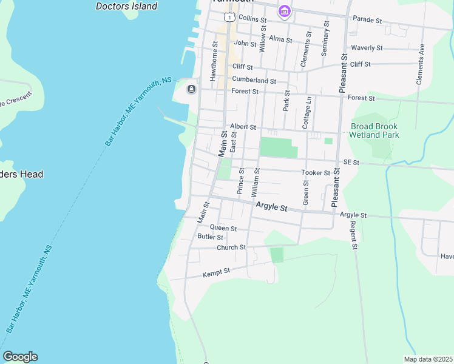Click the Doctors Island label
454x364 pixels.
[x=127, y=6]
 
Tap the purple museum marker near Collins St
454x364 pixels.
[x=284, y=11]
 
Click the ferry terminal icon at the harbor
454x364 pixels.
[x=191, y=90]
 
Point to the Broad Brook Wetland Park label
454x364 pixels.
[x=374, y=130]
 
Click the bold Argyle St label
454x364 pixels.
[x=271, y=207]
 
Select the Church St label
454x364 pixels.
[x=231, y=248]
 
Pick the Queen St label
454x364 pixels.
[x=223, y=228]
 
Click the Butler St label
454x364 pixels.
[x=211, y=237]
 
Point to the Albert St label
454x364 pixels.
[x=243, y=127]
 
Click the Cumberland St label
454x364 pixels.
[x=254, y=80]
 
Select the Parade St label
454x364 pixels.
[x=367, y=21]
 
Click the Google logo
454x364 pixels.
[x=20, y=357]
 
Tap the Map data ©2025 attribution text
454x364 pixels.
[x=428, y=359]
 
